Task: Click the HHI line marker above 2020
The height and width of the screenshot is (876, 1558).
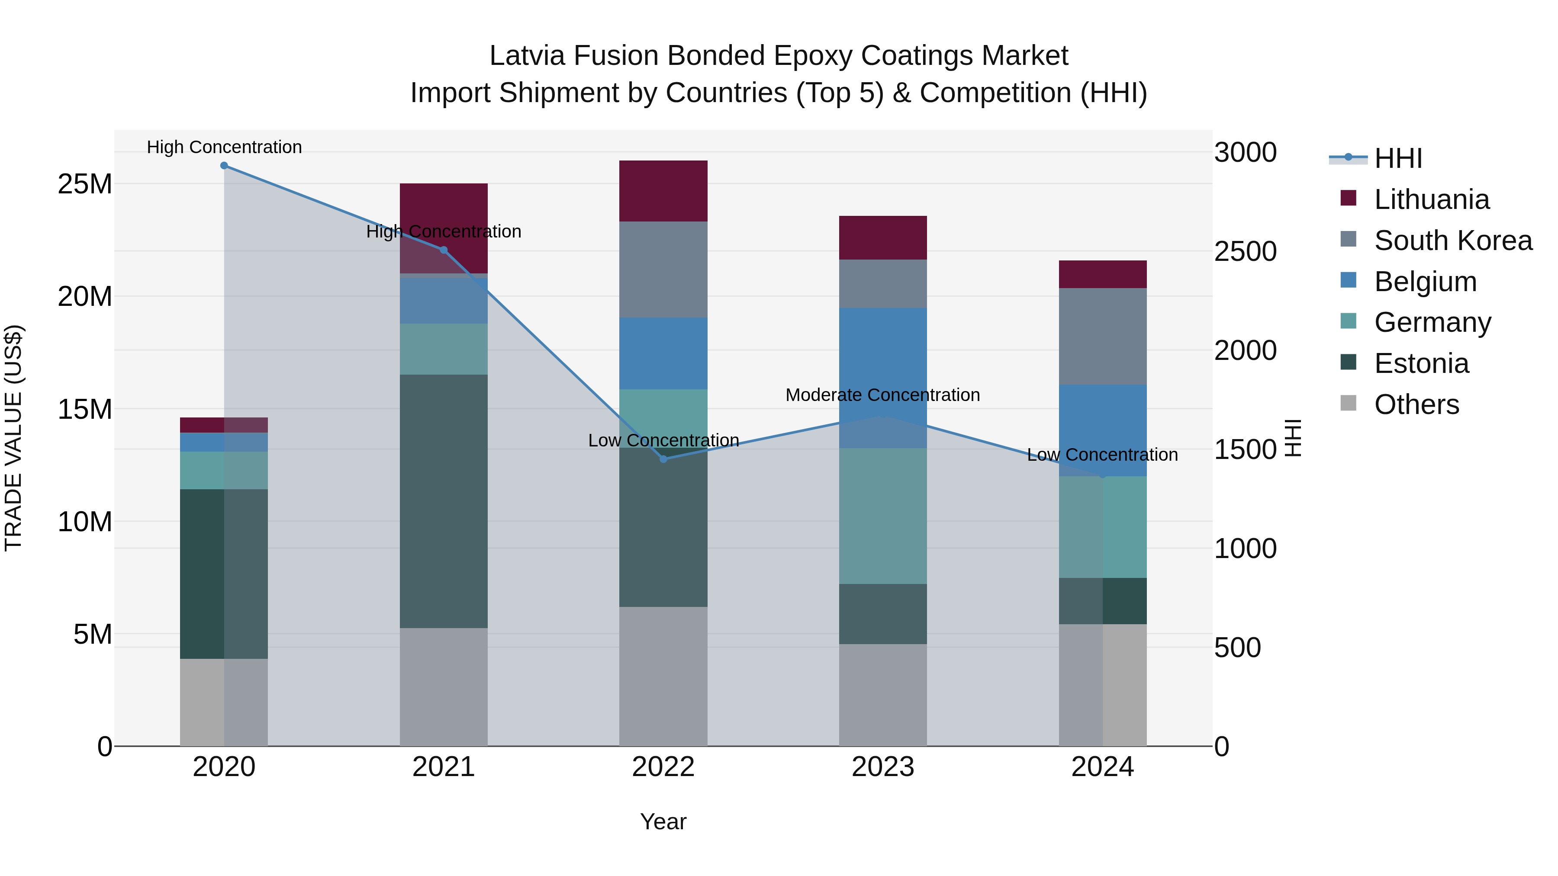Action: [224, 166]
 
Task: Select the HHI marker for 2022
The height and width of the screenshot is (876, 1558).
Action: [663, 459]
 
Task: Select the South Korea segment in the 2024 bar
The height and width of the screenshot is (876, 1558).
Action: [1103, 336]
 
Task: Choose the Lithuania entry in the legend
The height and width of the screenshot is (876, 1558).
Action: [1431, 199]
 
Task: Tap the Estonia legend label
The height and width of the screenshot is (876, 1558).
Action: [1421, 363]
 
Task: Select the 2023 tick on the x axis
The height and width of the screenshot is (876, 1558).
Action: [882, 767]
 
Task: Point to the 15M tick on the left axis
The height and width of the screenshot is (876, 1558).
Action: [85, 409]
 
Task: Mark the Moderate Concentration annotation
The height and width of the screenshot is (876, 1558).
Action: [882, 395]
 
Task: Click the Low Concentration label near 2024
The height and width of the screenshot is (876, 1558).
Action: [1102, 455]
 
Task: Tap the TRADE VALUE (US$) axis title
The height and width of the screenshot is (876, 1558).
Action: [13, 438]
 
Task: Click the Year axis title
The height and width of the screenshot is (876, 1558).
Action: [663, 821]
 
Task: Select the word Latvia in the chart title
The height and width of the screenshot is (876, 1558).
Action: [528, 56]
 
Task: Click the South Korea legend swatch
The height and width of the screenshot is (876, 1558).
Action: [1348, 239]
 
